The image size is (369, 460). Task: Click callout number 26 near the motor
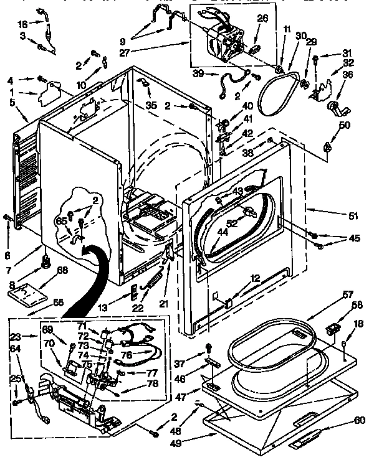[x=262, y=18]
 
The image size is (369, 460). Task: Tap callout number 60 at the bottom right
[x=360, y=420]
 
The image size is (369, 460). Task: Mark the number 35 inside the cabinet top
[x=151, y=105]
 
